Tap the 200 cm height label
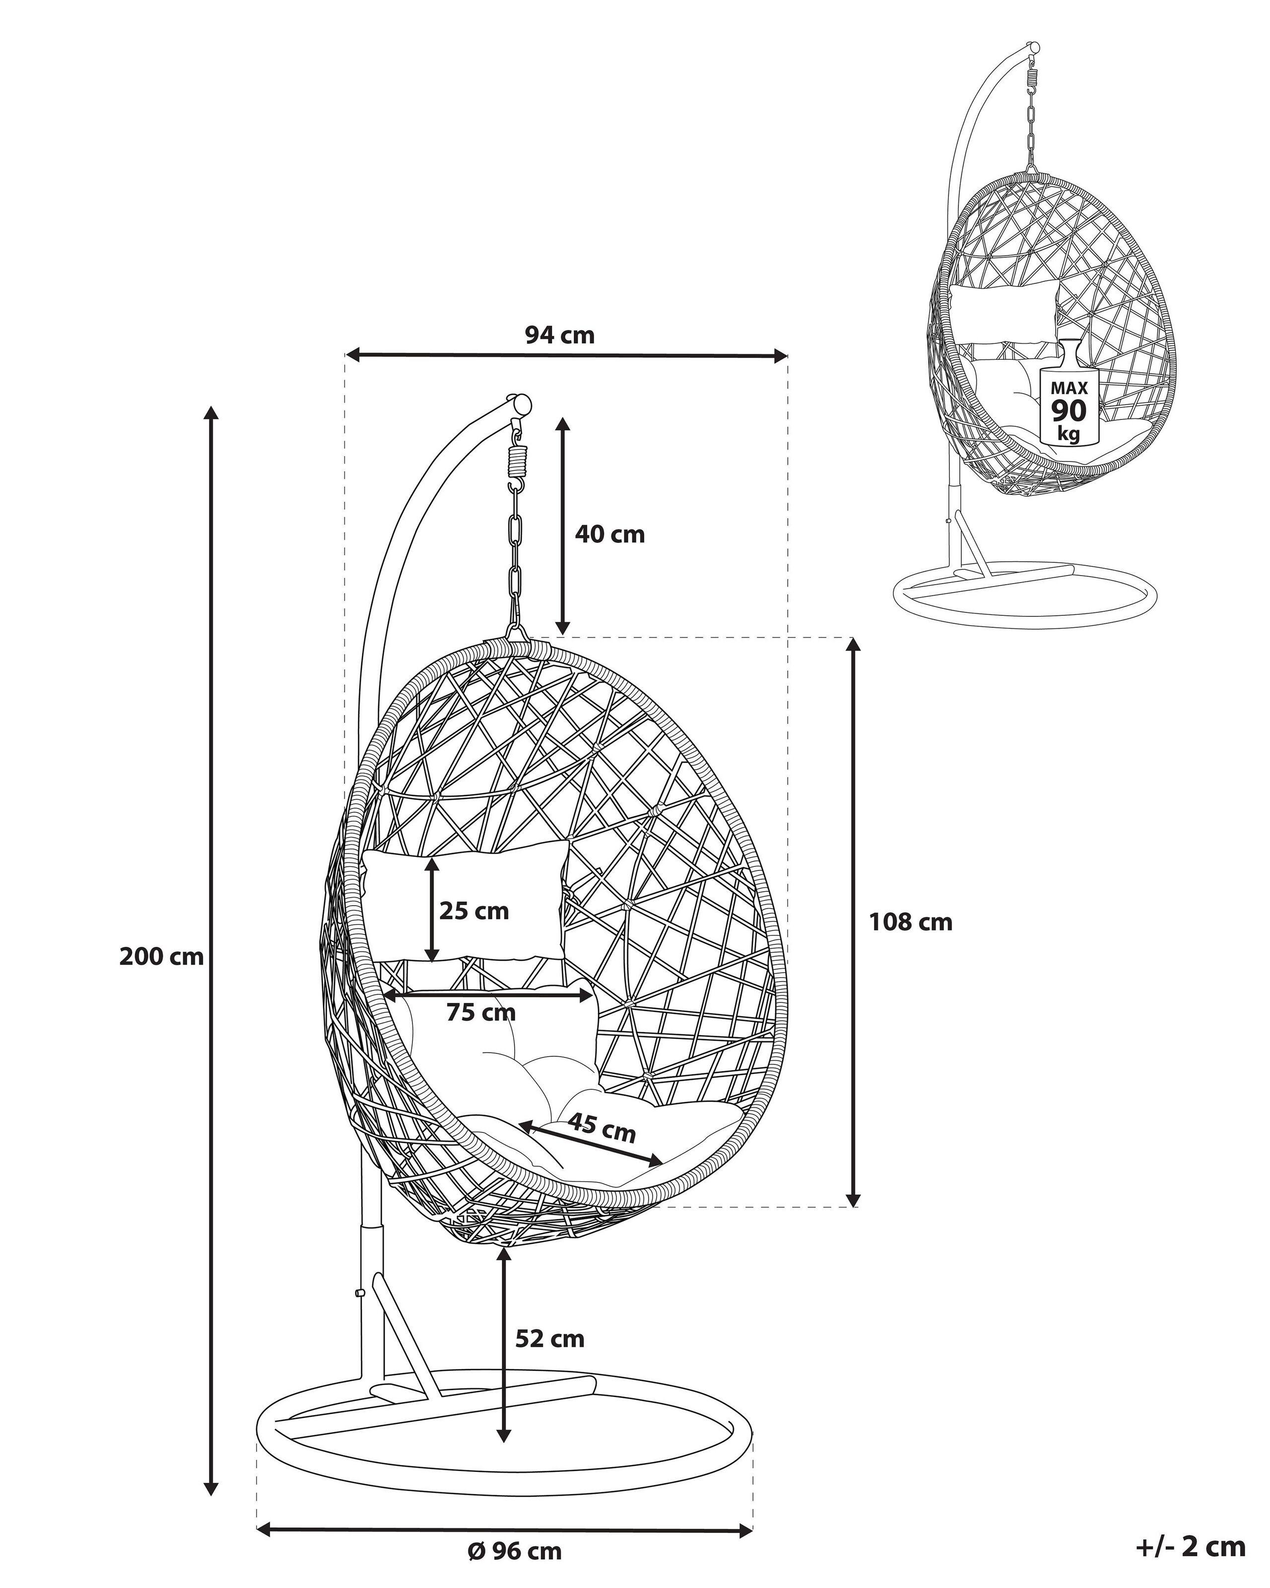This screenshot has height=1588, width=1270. [161, 957]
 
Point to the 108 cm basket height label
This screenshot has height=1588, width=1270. [911, 922]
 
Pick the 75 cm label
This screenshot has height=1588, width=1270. [481, 1013]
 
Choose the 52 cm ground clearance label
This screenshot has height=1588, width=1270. [549, 1338]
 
